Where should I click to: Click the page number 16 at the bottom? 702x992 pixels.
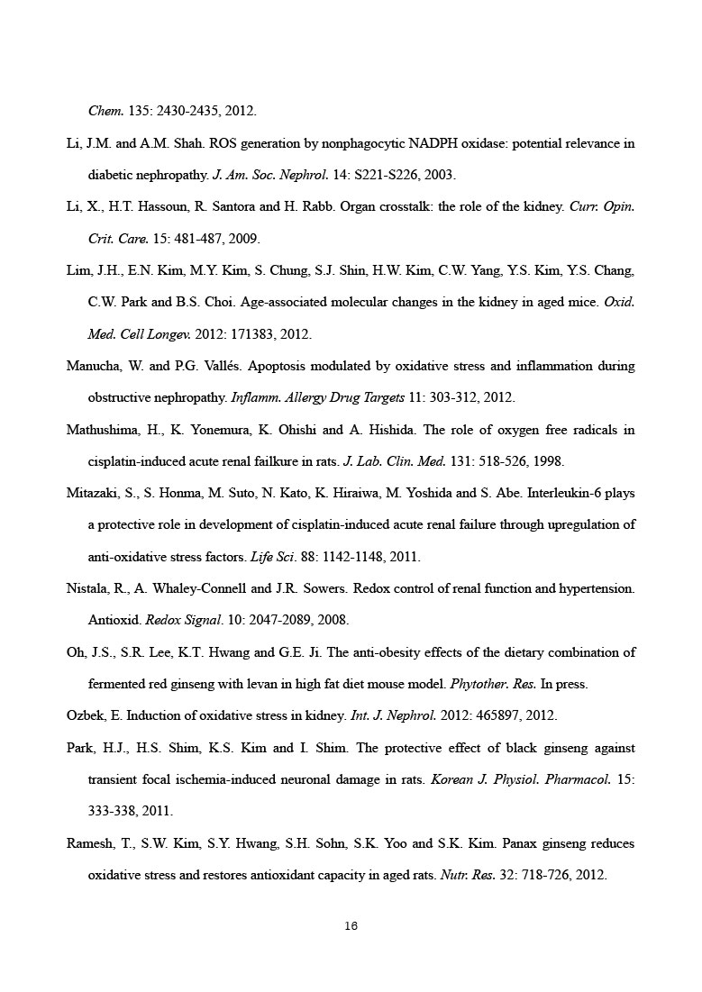tap(351, 925)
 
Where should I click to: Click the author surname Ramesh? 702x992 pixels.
tap(90, 844)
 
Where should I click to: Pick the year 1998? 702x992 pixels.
tap(549, 461)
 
